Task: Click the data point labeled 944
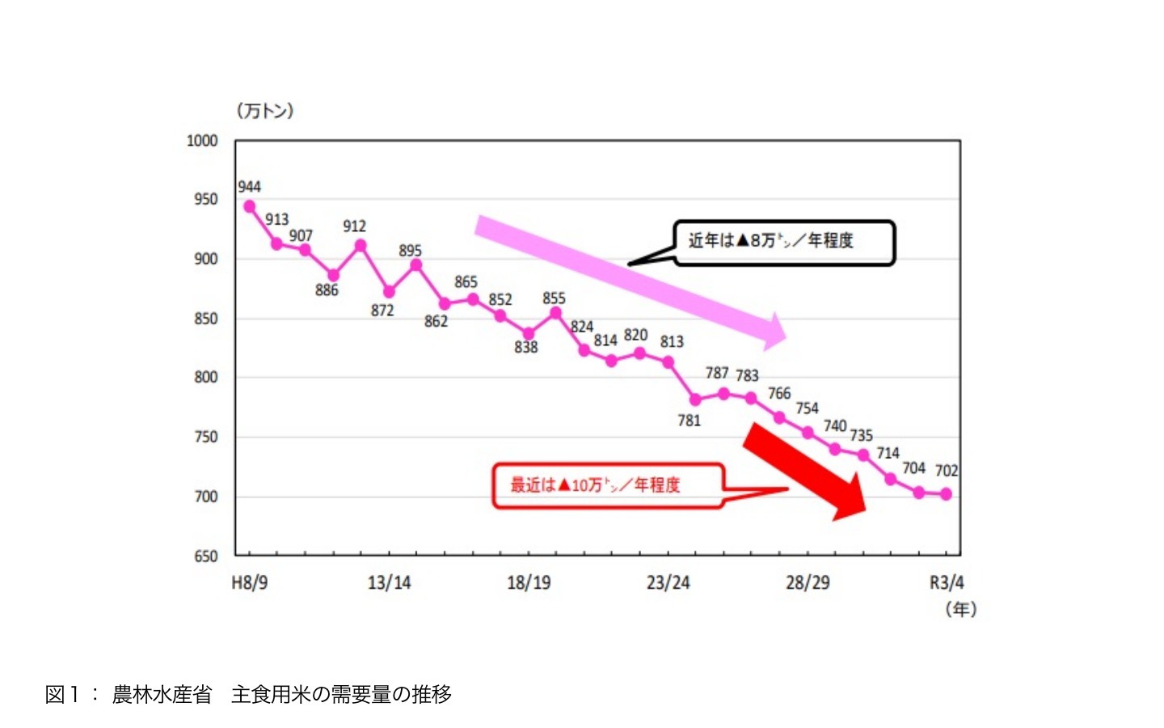click(x=250, y=206)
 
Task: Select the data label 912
click(x=354, y=226)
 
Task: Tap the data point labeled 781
click(x=695, y=400)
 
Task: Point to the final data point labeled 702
click(x=947, y=494)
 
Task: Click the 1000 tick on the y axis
click(x=202, y=141)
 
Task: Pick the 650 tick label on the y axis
click(x=206, y=556)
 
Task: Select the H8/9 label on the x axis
click(x=250, y=582)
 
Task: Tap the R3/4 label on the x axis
click(x=947, y=582)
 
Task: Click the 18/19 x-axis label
click(x=529, y=582)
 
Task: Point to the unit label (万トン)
click(x=265, y=111)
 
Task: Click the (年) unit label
click(x=961, y=609)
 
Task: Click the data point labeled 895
click(x=416, y=265)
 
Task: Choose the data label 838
click(x=526, y=347)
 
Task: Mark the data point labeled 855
click(x=555, y=313)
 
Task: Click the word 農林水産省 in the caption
click(x=162, y=694)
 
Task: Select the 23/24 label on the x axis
click(x=668, y=582)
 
